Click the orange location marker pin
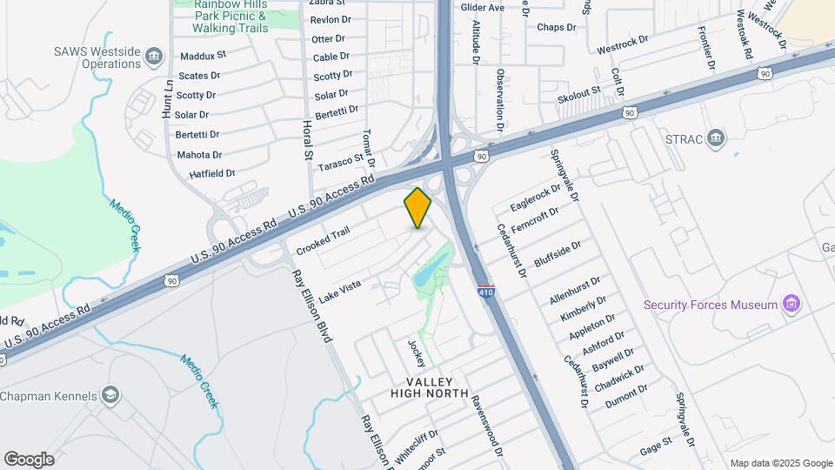coord(417,208)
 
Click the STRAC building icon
coord(716,138)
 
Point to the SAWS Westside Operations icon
coord(154,57)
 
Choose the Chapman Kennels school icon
coord(110,396)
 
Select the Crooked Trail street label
coord(323,241)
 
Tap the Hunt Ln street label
coord(167,98)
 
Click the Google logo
coord(29,460)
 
